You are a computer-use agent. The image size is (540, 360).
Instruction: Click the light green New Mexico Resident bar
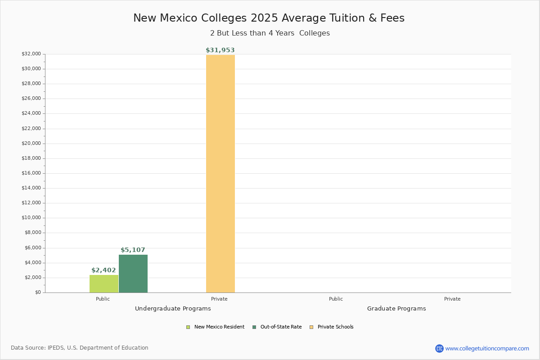[x=104, y=284]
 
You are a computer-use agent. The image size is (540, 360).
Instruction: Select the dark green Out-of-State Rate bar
[x=133, y=274]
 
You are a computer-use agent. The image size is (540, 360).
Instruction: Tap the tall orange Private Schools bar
[x=220, y=174]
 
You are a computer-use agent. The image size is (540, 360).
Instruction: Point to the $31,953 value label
[x=220, y=50]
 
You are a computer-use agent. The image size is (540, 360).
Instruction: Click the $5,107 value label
[x=133, y=250]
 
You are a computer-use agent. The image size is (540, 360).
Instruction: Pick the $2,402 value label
[x=103, y=270]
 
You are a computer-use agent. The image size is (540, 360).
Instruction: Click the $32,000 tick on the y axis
[x=31, y=54]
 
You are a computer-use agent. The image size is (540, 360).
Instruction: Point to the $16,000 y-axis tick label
[x=31, y=173]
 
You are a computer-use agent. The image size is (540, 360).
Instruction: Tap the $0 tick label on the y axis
[x=38, y=292]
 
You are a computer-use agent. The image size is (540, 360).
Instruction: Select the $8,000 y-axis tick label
[x=33, y=233]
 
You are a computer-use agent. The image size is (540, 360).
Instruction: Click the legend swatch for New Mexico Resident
[x=188, y=327]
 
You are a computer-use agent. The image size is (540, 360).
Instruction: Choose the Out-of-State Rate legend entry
[x=277, y=327]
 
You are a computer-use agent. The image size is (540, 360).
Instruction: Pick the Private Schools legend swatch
[x=311, y=327]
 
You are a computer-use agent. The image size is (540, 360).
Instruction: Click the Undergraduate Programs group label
[x=173, y=309]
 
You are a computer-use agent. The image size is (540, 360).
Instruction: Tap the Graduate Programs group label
[x=396, y=309]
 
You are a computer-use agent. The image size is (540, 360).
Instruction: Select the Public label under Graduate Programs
[x=336, y=299]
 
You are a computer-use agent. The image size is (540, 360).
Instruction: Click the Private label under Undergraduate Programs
[x=219, y=299]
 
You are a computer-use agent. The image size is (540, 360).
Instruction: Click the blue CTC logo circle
[x=439, y=348]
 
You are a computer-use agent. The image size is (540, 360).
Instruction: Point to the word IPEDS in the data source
[x=56, y=348]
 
